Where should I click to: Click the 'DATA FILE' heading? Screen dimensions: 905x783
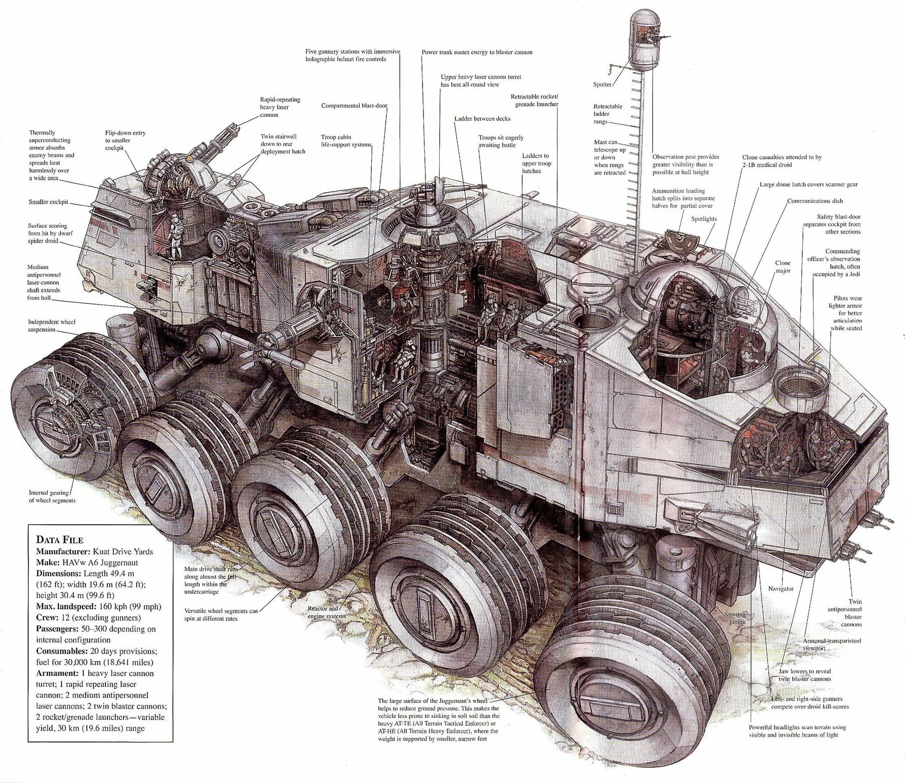click(x=59, y=539)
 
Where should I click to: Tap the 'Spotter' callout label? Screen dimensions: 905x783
click(x=602, y=84)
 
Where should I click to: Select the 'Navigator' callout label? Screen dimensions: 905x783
click(x=780, y=588)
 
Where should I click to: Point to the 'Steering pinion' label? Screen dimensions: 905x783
click(x=735, y=618)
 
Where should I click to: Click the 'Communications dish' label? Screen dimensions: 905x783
click(x=815, y=201)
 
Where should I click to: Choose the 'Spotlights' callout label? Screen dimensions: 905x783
click(x=704, y=219)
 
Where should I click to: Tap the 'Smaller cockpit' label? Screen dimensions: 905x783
click(x=48, y=202)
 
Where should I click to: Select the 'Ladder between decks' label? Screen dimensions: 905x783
click(x=482, y=118)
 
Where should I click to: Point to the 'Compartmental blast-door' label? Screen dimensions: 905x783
click(x=354, y=106)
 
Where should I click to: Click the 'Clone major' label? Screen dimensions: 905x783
click(x=782, y=266)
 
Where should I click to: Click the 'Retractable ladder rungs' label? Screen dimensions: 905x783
click(x=608, y=114)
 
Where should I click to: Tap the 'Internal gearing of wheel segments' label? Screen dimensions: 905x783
click(x=52, y=496)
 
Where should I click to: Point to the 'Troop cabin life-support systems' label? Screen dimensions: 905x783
click(x=346, y=141)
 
